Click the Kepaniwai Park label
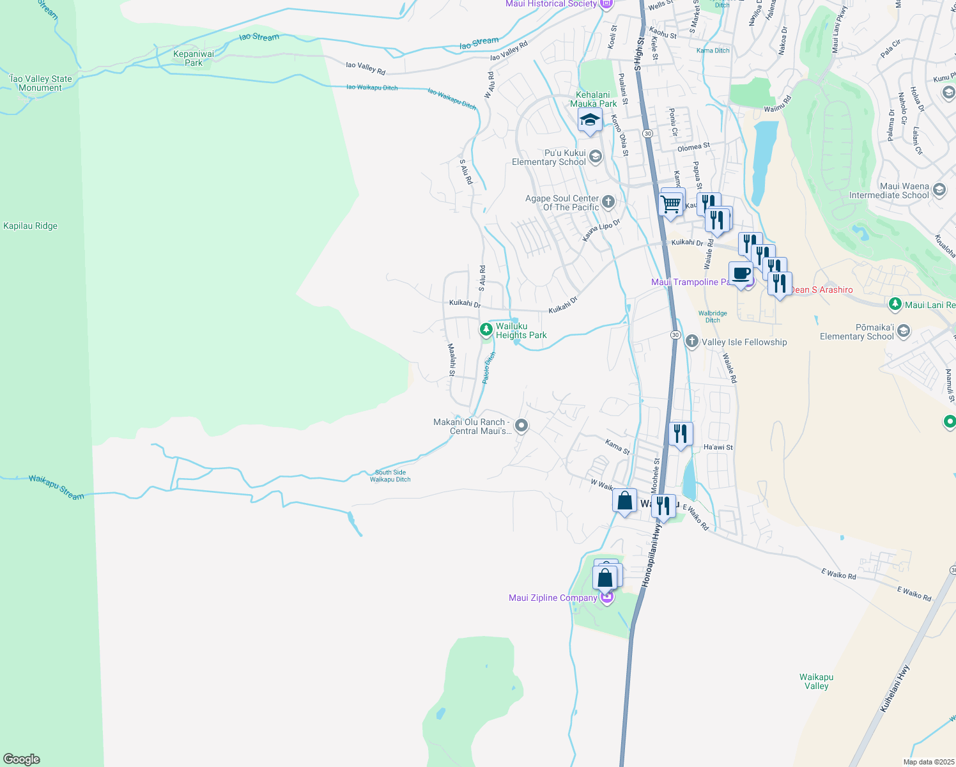tap(194, 58)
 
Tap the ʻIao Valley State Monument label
tap(41, 83)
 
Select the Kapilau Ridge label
tap(30, 226)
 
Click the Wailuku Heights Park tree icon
tap(486, 330)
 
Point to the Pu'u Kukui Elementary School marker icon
tap(596, 157)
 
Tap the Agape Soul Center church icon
tap(608, 202)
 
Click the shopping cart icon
tap(671, 205)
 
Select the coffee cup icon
tap(741, 274)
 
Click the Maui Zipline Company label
tap(553, 598)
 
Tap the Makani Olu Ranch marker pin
tap(521, 425)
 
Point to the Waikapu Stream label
tap(56, 487)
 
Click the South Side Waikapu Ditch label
tap(390, 476)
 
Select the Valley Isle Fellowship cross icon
tap(691, 341)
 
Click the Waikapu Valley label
tap(816, 681)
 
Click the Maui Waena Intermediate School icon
tap(939, 189)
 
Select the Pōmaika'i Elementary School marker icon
tap(903, 330)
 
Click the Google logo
tap(22, 759)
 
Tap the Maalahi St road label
tap(451, 360)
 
